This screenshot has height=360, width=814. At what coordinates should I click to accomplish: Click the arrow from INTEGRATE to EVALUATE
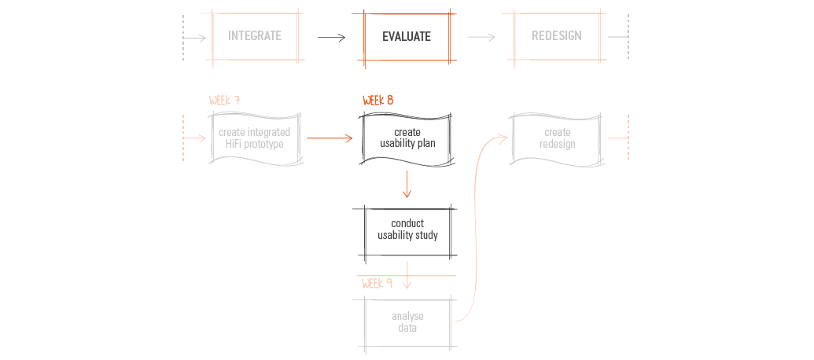coord(331,38)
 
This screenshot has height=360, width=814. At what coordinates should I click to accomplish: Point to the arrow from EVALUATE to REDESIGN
coord(481,37)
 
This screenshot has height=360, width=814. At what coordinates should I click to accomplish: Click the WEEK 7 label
coord(224,100)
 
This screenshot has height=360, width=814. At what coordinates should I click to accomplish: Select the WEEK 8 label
coord(378,100)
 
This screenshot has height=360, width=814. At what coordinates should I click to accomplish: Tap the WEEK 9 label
coord(377,283)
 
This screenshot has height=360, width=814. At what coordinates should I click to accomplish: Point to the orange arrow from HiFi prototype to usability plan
coord(330,138)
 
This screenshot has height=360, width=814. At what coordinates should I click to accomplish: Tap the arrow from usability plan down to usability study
coord(407,184)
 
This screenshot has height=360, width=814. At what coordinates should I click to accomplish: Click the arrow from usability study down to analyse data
coord(407,275)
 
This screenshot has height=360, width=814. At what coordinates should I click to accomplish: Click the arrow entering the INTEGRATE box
coord(195,38)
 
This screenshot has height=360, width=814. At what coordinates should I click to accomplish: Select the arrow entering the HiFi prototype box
coord(195,138)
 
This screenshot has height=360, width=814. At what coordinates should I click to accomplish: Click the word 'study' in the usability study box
coord(425,236)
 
